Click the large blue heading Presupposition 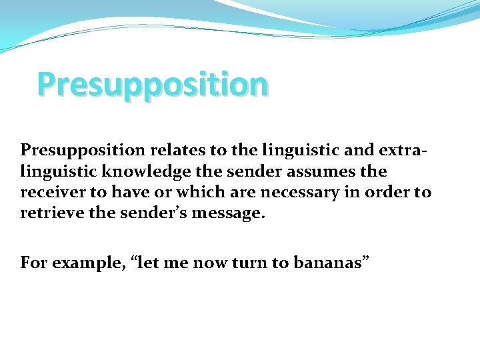tap(153, 85)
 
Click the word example tap(81, 263)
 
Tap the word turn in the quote tap(249, 263)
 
